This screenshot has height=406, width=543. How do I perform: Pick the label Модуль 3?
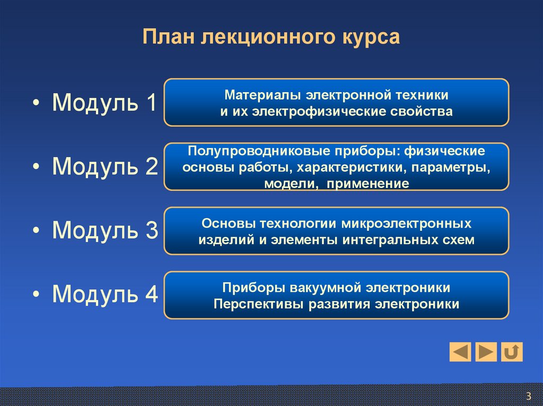(104, 231)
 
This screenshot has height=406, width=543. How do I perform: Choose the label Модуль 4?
(104, 295)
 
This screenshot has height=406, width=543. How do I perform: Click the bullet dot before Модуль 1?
(36, 104)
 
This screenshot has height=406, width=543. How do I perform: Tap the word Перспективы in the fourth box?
(250, 304)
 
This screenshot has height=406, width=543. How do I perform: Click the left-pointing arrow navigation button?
(460, 351)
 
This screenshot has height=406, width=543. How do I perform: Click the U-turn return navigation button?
(512, 351)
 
